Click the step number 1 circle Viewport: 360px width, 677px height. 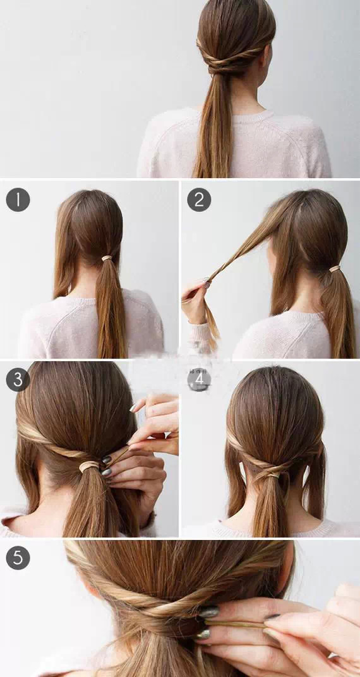pos(18,200)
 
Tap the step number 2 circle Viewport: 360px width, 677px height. pos(198,200)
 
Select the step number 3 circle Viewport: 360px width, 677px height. pos(18,379)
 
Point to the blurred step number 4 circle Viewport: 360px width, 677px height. pos(198,379)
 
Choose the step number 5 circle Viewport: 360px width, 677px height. pos(18,558)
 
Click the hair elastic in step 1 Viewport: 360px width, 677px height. pos(107,258)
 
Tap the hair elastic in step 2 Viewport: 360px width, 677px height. pos(334,269)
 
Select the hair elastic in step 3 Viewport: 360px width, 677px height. pos(89,467)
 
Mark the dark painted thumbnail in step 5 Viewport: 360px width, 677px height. pos(208,611)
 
